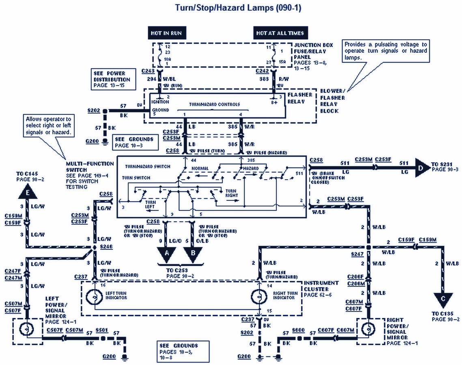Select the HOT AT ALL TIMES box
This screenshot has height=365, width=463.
pos(280,33)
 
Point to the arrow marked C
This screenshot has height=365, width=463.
pos(443,300)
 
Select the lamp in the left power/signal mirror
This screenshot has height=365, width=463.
pos(27,329)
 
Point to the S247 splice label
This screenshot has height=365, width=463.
pos(357,253)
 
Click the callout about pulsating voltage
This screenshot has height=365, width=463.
pos(385,51)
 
